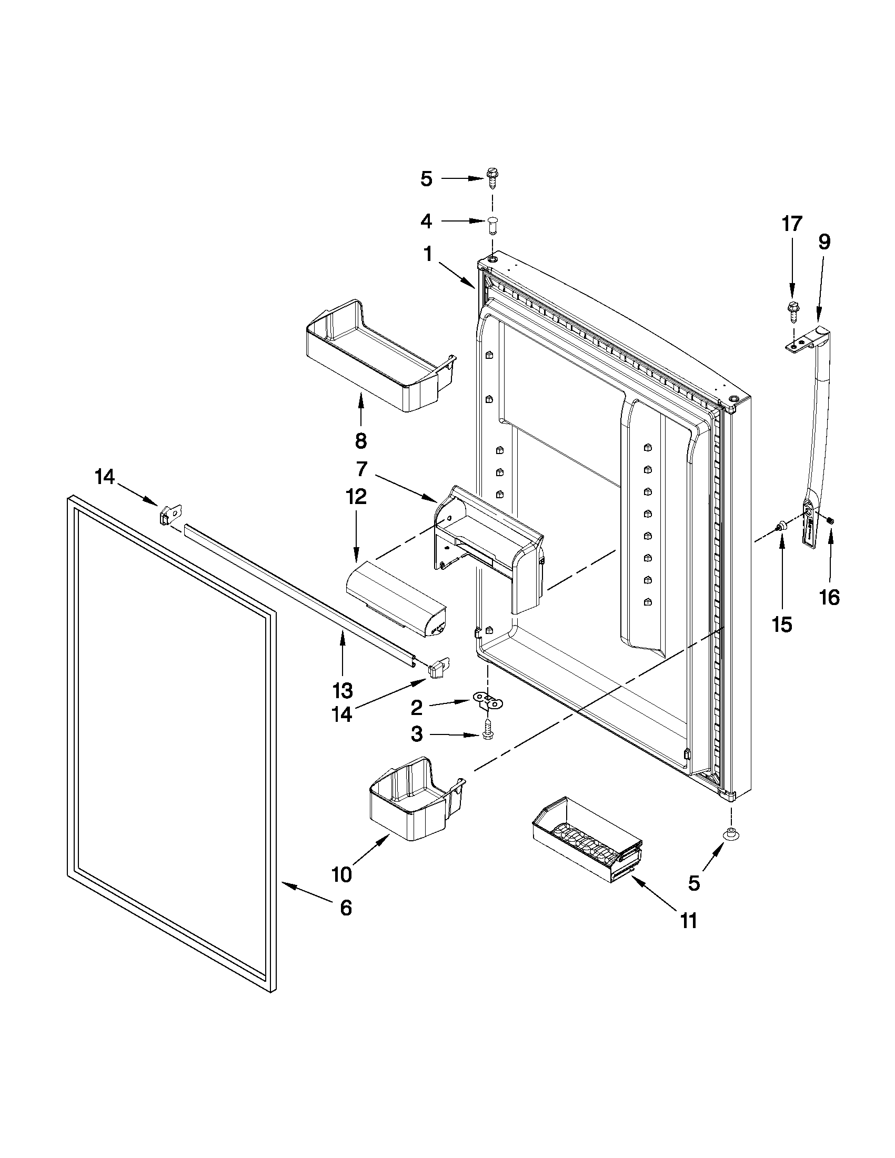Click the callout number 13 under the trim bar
[x=343, y=690]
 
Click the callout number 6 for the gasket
[x=345, y=908]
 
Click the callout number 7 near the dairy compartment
[x=361, y=469]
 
